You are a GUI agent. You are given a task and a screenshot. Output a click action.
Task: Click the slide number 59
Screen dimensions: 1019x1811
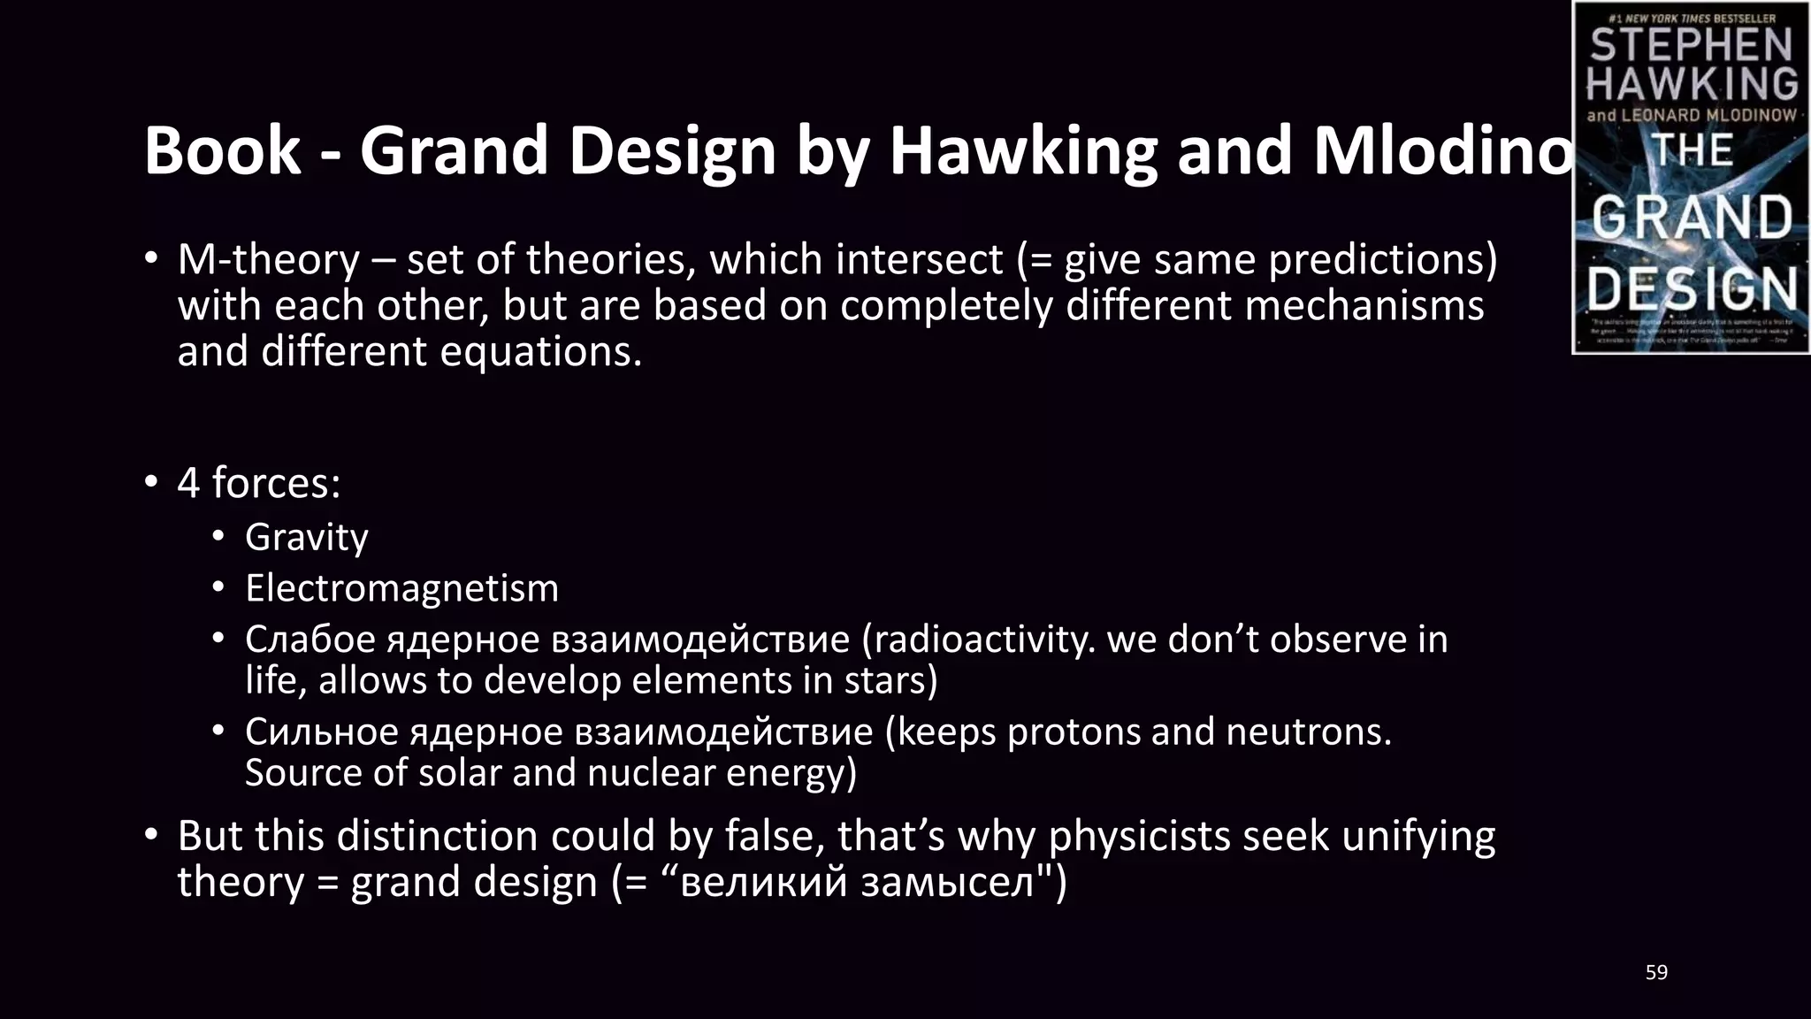pyautogui.click(x=1656, y=973)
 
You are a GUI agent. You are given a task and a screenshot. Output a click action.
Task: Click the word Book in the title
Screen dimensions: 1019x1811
pyautogui.click(x=222, y=150)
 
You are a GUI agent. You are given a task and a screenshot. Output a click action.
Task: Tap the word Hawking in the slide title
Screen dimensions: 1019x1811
pyautogui.click(x=1022, y=150)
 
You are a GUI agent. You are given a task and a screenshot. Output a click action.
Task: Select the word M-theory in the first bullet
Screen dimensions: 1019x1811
pyautogui.click(x=269, y=260)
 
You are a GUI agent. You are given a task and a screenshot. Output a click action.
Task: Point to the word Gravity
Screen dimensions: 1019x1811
pyautogui.click(x=306, y=538)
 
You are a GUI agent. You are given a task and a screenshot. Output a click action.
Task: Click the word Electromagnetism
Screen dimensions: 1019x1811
pyautogui.click(x=401, y=589)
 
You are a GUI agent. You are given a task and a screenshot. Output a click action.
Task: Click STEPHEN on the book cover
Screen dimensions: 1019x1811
pyautogui.click(x=1691, y=45)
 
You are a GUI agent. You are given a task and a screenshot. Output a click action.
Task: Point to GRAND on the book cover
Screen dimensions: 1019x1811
pyautogui.click(x=1692, y=218)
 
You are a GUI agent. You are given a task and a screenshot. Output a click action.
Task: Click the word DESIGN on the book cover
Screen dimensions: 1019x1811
pyautogui.click(x=1692, y=288)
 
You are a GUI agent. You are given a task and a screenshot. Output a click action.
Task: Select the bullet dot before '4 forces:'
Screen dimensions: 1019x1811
pyautogui.click(x=151, y=483)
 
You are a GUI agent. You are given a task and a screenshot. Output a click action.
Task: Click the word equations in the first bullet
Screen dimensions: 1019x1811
pyautogui.click(x=540, y=352)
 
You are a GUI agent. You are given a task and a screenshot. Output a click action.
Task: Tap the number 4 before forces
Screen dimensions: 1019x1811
pyautogui.click(x=188, y=483)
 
